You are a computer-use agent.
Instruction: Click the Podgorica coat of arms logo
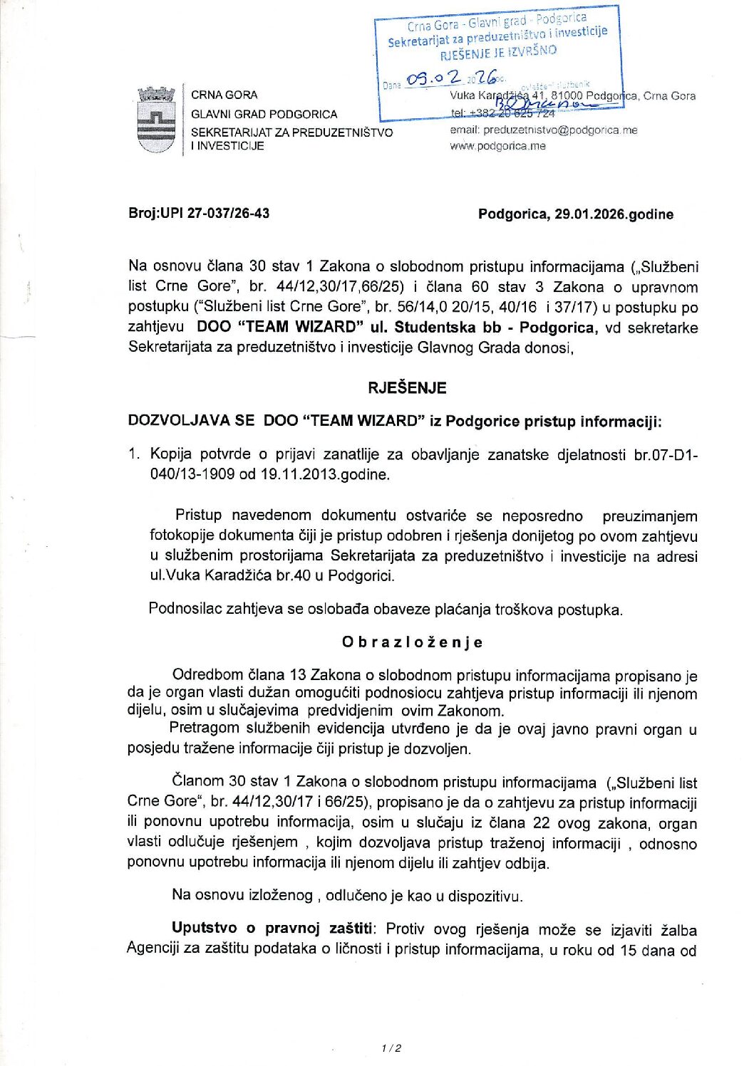pyautogui.click(x=156, y=120)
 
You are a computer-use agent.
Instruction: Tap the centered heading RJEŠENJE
pyautogui.click(x=407, y=388)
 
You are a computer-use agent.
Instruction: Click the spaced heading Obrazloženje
pyautogui.click(x=412, y=642)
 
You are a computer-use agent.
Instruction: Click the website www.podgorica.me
pyautogui.click(x=497, y=146)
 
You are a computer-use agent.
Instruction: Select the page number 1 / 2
pyautogui.click(x=391, y=1047)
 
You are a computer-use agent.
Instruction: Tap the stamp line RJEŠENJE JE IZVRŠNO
pyautogui.click(x=498, y=52)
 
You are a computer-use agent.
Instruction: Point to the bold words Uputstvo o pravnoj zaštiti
pyautogui.click(x=272, y=929)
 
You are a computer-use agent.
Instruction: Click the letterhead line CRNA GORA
pyautogui.click(x=224, y=95)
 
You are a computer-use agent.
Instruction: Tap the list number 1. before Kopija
pyautogui.click(x=134, y=454)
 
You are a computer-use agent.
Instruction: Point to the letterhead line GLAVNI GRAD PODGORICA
pyautogui.click(x=264, y=114)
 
